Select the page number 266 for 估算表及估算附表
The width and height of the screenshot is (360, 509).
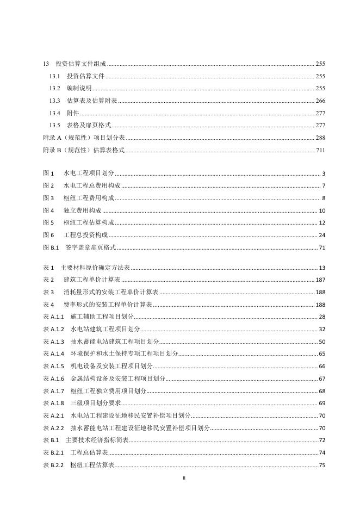[320, 101]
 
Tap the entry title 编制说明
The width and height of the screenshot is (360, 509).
[79, 89]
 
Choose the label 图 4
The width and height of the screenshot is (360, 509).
[48, 210]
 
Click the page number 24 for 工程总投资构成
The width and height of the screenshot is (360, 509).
[321, 235]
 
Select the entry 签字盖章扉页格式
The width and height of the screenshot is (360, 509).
[91, 248]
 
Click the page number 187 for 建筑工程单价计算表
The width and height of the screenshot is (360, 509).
[320, 280]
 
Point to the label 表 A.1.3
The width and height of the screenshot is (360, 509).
[53, 342]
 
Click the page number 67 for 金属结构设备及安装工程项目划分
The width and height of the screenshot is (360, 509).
[321, 379]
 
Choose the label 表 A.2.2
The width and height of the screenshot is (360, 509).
[53, 428]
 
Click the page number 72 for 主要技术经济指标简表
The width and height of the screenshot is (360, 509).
[322, 440]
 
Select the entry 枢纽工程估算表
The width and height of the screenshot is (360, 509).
[92, 465]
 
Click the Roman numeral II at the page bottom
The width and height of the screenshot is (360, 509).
[183, 479]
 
